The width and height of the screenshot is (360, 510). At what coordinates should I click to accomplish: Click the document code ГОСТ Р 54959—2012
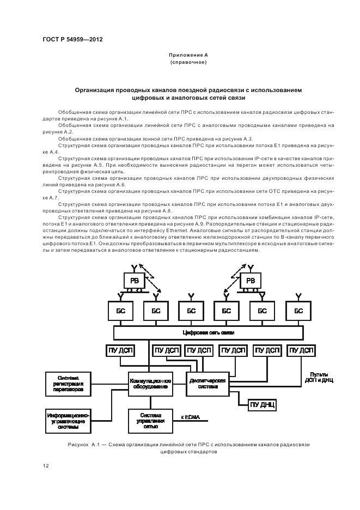click(72, 40)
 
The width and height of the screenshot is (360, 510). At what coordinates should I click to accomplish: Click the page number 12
click(46, 465)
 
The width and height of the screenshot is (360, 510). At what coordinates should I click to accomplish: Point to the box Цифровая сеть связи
click(209, 332)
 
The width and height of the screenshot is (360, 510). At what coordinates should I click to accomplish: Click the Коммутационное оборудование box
click(150, 384)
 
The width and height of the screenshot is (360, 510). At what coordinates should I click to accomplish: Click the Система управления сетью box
click(150, 420)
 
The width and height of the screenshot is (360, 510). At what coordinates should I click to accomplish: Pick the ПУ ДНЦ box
click(264, 404)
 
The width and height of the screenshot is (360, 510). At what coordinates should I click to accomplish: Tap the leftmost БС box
click(119, 311)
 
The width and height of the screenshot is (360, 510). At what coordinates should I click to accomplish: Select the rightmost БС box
click(298, 311)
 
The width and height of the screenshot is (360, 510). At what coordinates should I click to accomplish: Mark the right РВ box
click(251, 280)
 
